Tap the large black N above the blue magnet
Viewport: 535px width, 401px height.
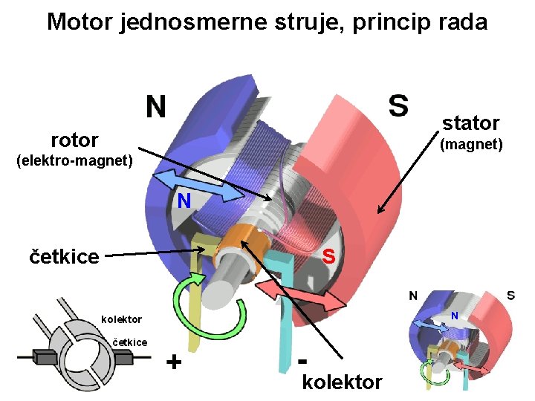155,108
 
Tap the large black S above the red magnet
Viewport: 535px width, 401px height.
398,105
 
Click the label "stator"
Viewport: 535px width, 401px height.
470,123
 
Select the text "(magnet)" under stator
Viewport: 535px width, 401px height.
471,144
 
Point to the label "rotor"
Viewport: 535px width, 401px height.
74,140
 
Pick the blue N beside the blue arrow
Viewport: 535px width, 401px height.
184,200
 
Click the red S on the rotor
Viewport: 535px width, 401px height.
328,256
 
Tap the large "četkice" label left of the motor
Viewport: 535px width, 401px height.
64,257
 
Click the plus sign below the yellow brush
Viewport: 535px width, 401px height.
174,362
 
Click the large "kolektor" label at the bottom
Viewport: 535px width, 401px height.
343,382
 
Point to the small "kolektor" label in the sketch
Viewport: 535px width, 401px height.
121,319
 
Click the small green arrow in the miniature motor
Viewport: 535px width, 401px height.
429,371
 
